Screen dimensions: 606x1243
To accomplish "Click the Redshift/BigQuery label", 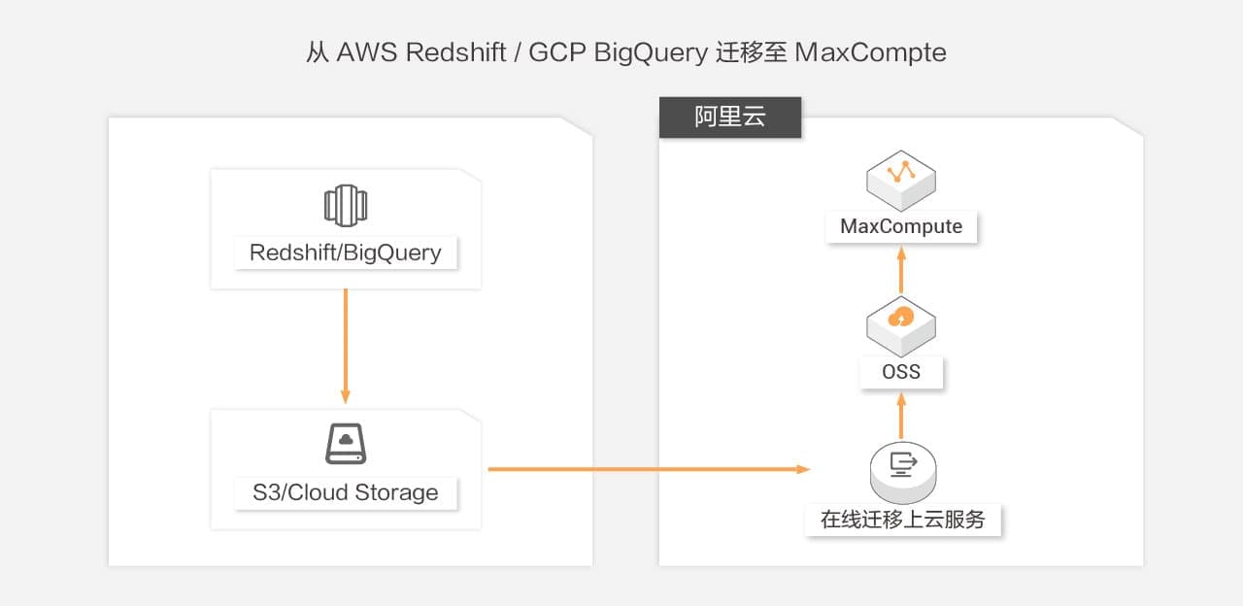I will click(x=345, y=252).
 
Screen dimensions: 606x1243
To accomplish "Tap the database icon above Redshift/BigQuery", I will click(x=345, y=206).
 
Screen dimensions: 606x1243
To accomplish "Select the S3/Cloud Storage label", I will click(x=345, y=492).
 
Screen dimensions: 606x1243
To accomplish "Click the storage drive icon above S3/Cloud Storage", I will click(x=345, y=444).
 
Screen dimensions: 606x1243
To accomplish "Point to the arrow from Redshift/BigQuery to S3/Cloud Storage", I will click(x=345, y=345).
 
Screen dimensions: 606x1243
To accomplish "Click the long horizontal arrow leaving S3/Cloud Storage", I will click(x=648, y=469).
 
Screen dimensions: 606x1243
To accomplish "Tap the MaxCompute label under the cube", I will click(x=901, y=226).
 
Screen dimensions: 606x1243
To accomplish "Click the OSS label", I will click(x=901, y=372).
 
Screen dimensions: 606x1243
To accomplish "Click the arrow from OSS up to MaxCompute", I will click(x=901, y=269).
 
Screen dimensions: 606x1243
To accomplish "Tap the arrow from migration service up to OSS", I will click(x=901, y=415).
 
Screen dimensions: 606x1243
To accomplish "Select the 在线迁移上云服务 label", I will click(x=903, y=520).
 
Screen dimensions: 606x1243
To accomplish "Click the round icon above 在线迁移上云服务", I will click(x=903, y=468).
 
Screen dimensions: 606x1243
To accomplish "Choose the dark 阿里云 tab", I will click(x=730, y=118).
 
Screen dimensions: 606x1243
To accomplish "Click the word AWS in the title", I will click(x=366, y=52).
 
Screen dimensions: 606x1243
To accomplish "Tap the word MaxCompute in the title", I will click(x=870, y=52).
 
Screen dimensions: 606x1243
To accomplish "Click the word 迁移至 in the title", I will click(x=750, y=52).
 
